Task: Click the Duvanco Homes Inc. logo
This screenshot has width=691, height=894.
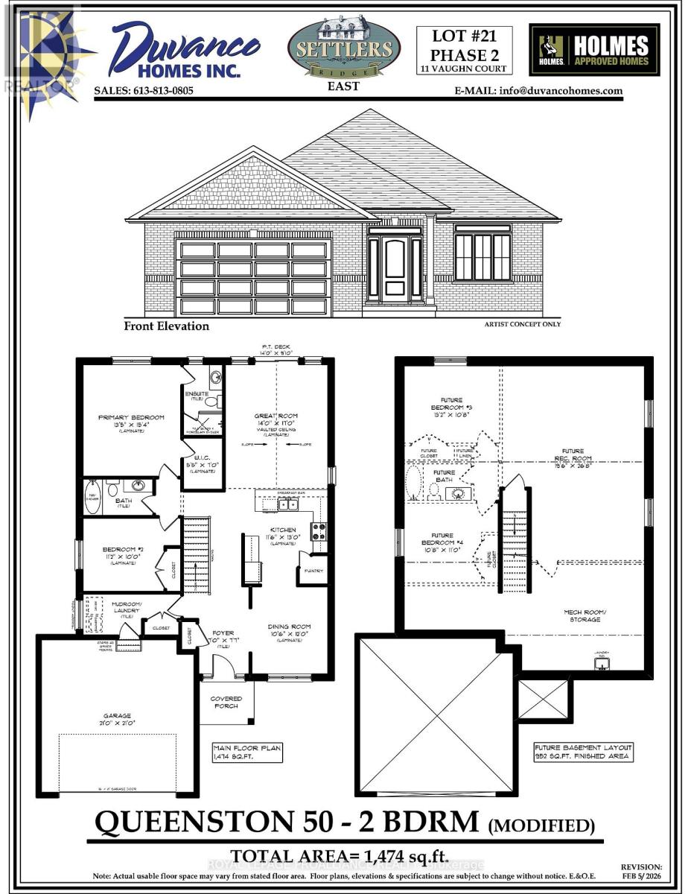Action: tap(185, 48)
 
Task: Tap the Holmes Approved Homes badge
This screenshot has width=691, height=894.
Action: tap(594, 50)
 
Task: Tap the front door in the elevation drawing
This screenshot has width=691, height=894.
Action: tap(395, 269)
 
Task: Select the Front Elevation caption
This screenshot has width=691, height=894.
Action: tap(167, 326)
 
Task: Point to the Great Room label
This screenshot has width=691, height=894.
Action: tap(276, 418)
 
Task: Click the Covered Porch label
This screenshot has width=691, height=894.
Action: tap(226, 701)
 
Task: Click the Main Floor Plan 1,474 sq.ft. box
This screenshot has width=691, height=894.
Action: tap(245, 752)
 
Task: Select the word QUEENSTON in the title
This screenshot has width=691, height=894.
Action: tap(194, 822)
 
